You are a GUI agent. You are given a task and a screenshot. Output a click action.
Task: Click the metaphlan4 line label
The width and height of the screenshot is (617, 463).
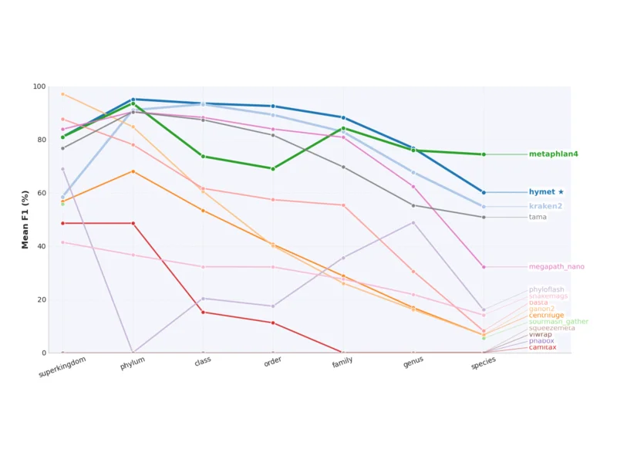(553, 154)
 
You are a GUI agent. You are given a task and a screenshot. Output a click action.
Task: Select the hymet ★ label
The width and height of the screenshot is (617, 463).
(546, 192)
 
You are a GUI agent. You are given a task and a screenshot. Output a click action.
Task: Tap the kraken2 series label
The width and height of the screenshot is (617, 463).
(545, 206)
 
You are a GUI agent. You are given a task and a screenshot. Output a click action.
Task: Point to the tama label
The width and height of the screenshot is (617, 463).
(538, 217)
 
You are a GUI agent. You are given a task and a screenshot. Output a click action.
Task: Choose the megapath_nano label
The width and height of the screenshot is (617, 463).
(556, 267)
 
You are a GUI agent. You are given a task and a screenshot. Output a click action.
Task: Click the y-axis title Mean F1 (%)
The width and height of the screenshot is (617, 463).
(25, 220)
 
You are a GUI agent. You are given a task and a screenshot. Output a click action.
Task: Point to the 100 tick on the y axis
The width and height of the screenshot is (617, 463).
(39, 86)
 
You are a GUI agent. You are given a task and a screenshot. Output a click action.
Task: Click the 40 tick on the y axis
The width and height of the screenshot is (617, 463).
(42, 246)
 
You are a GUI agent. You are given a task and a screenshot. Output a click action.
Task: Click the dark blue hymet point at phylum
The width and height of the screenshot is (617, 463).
(133, 100)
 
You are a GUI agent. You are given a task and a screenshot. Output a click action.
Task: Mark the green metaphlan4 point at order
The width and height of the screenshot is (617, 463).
(273, 168)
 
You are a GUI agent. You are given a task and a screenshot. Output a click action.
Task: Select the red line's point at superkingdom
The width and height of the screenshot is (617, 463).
(62, 223)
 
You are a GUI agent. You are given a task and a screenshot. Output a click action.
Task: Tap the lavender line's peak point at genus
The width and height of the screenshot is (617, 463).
(413, 223)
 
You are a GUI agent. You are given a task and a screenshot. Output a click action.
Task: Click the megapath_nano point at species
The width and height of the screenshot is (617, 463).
(484, 267)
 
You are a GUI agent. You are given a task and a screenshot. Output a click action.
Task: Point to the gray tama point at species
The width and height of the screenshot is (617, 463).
(484, 217)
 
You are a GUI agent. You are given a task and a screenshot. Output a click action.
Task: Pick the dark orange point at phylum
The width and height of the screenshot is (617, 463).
(133, 171)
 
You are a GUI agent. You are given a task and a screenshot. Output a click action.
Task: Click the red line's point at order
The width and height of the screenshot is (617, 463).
(273, 323)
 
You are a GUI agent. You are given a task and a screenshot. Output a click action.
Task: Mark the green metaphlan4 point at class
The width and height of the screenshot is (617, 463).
(203, 157)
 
